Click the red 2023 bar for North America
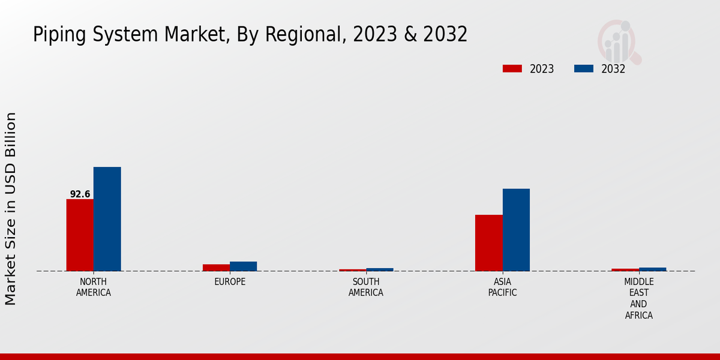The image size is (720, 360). [x=80, y=235]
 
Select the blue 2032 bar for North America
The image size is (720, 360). [x=107, y=219]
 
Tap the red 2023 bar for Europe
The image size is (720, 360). [x=216, y=268]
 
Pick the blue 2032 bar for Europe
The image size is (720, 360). [x=243, y=266]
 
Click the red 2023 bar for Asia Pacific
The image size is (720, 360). [x=488, y=242]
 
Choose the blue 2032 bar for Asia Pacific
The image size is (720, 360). [x=516, y=230]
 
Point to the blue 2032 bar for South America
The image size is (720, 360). [x=380, y=269]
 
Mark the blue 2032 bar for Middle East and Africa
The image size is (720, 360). [x=652, y=269]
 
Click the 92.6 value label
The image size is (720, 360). [x=80, y=194]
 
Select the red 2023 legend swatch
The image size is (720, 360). [x=512, y=69]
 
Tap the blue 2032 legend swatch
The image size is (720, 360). [x=583, y=69]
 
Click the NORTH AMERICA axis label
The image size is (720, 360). [x=93, y=287]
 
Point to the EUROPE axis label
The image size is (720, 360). [x=230, y=282]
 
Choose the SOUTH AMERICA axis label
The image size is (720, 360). [x=366, y=287]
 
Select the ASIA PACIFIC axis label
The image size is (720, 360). [x=502, y=287]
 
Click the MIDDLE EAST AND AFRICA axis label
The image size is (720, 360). [x=638, y=298]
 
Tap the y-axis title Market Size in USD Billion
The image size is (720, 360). [x=11, y=208]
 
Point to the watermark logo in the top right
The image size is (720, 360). [x=619, y=41]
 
